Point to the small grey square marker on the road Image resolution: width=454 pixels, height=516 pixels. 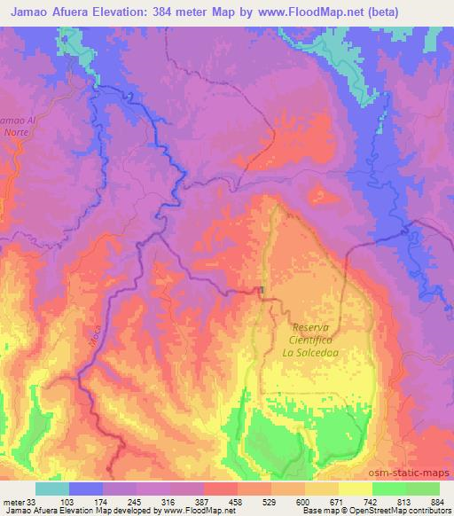coord(262,290)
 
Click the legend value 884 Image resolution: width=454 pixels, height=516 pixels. coord(438,502)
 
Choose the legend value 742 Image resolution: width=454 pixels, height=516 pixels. coord(372,502)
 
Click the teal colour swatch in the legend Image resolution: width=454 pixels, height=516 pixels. coord(52,489)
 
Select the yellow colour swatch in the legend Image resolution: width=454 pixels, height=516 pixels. coord(355,489)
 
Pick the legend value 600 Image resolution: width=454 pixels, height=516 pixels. coord(304,502)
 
